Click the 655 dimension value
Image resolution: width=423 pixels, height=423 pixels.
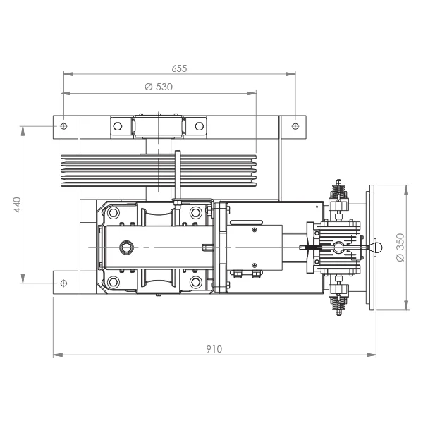[179, 68]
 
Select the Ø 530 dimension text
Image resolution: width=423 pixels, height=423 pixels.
[159, 87]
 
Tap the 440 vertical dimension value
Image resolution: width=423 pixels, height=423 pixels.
[17, 204]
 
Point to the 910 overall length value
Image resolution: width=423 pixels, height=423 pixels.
[214, 349]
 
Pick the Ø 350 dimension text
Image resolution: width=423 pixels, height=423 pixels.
[401, 247]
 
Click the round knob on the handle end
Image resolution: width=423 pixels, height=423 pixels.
[377, 247]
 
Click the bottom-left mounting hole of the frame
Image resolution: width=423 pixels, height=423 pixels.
[63, 283]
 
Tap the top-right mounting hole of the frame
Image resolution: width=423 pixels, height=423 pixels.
[295, 126]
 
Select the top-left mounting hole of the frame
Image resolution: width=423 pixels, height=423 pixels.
[63, 126]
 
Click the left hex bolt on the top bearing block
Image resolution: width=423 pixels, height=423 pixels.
[118, 126]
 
